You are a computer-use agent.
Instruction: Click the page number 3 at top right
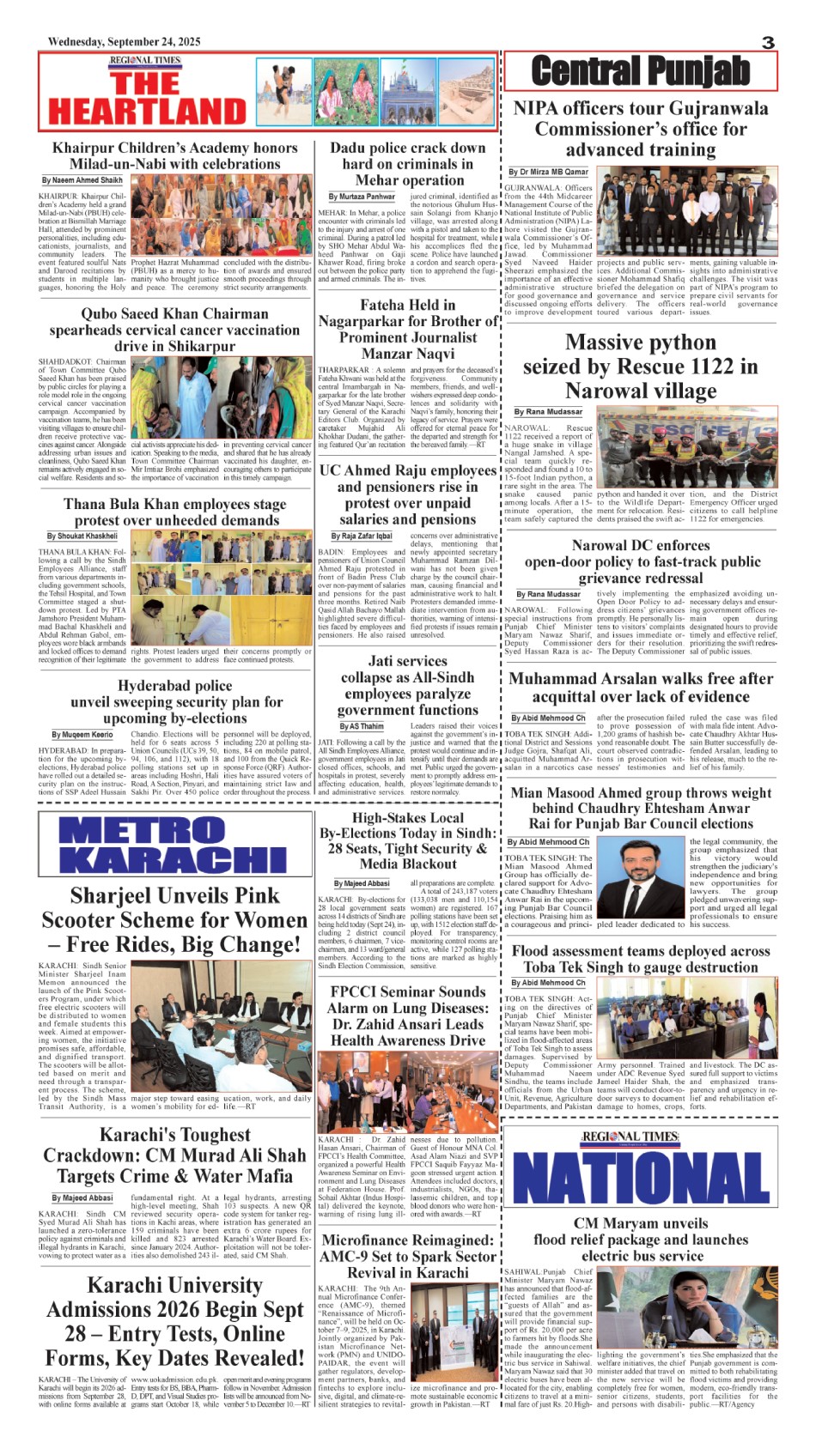click(768, 42)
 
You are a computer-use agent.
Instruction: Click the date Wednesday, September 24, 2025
click(125, 41)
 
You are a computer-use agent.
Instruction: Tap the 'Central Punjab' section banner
click(640, 71)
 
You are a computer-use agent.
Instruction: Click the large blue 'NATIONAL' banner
click(642, 1174)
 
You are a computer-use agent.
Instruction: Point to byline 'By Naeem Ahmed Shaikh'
click(82, 180)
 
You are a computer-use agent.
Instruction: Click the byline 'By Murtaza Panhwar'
click(362, 197)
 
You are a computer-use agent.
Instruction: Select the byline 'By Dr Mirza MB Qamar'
click(548, 172)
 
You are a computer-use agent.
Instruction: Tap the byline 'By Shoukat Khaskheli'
click(82, 536)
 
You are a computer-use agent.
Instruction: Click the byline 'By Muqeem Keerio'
click(82, 735)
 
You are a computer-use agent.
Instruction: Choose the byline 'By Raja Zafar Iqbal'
click(362, 536)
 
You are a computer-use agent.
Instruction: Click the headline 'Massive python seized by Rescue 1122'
click(640, 367)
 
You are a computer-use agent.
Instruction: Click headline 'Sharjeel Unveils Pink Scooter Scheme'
click(174, 920)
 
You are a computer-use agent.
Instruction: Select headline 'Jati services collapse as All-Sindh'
click(407, 685)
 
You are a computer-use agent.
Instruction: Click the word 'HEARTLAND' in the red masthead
click(147, 111)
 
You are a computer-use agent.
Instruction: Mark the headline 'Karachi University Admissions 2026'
click(174, 1322)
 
